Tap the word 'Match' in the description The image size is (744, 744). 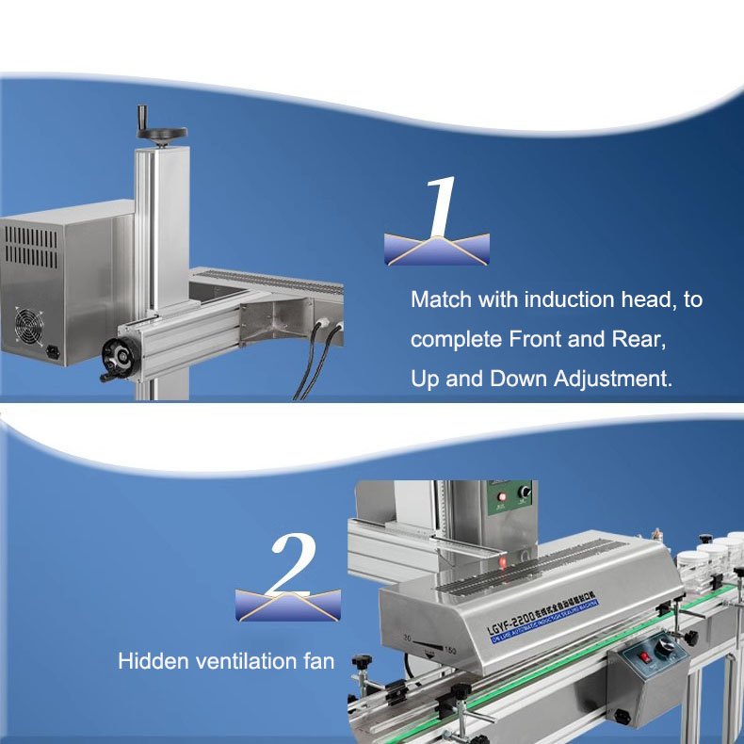[440, 299]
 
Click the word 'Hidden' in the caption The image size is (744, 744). [148, 661]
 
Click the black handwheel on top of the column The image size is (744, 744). [160, 133]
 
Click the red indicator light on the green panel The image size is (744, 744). [502, 496]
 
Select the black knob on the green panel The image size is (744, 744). [525, 493]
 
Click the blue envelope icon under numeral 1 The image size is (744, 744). [437, 249]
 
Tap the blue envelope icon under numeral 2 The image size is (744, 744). [288, 605]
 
